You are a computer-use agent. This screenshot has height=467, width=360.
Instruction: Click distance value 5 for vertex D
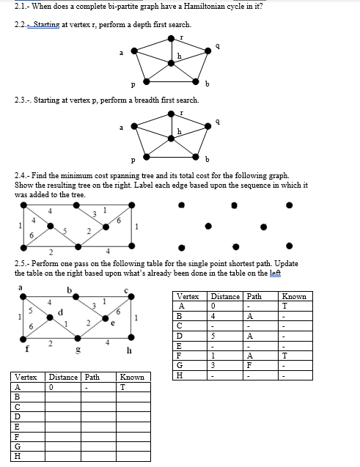(213, 337)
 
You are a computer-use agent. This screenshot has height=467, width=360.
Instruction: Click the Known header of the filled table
(294, 296)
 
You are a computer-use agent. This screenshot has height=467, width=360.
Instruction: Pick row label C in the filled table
(180, 327)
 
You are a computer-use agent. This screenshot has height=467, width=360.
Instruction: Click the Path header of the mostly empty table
(92, 377)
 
